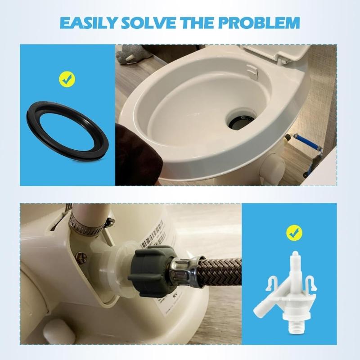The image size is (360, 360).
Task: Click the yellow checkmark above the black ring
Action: point(67,80)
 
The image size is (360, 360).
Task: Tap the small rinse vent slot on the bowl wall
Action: point(252,70)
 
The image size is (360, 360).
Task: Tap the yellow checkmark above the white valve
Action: point(294,233)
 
